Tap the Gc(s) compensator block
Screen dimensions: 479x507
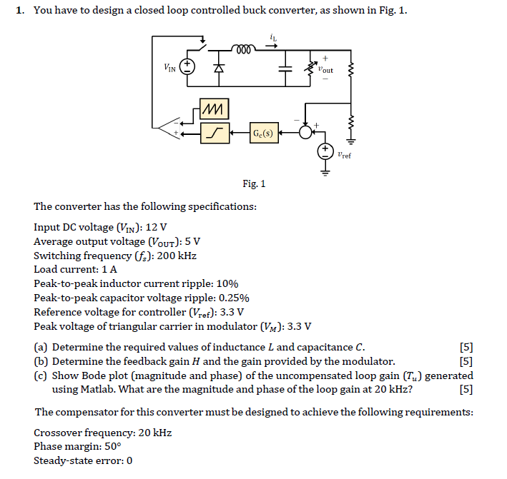tap(262, 132)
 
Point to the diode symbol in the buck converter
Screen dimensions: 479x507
tap(220, 69)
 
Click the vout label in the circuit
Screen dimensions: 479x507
tap(325, 70)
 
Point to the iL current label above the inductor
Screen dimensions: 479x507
tap(272, 37)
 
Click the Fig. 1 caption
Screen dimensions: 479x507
tap(254, 183)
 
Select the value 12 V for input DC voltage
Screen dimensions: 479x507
tap(157, 227)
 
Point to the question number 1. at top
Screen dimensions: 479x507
tap(21, 11)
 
